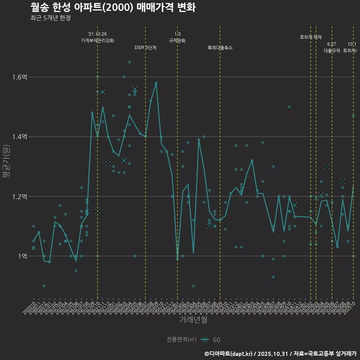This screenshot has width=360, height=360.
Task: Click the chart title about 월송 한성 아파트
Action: coord(112,7)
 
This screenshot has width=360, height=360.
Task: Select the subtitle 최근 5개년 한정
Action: coord(50,18)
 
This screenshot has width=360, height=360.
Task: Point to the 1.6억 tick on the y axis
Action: coord(19,77)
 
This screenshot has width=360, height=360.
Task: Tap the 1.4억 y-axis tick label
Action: coord(19,137)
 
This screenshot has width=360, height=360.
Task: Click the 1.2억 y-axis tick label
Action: coord(19,196)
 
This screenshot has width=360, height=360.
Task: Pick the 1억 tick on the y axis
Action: coord(22,256)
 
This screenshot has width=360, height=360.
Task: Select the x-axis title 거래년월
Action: coord(193,320)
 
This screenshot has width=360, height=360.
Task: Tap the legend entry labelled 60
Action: coord(216,340)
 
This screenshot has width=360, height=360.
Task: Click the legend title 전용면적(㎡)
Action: coord(181,339)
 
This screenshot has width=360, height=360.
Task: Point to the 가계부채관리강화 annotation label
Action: coord(97,40)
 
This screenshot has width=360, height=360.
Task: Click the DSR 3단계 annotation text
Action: coord(145,48)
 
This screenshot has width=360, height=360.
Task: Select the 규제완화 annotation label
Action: coord(177,40)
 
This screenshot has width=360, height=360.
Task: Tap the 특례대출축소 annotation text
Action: coord(220,48)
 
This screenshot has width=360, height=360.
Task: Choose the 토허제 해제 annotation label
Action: coord(311,37)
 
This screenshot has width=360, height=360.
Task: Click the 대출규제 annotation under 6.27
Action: coord(332,51)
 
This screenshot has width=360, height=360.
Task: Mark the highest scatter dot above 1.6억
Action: coord(129,62)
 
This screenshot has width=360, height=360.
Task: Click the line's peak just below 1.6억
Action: coord(156,83)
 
